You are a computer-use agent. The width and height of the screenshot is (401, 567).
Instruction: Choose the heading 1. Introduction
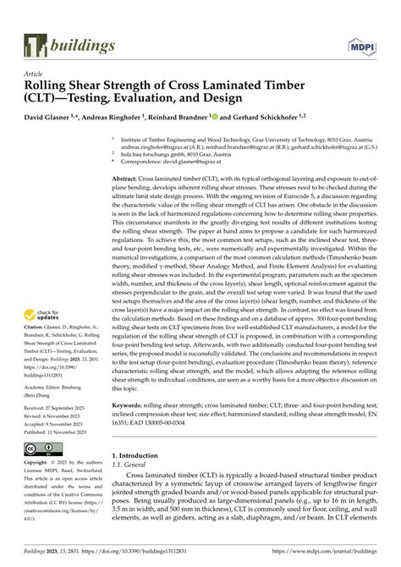140,454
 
